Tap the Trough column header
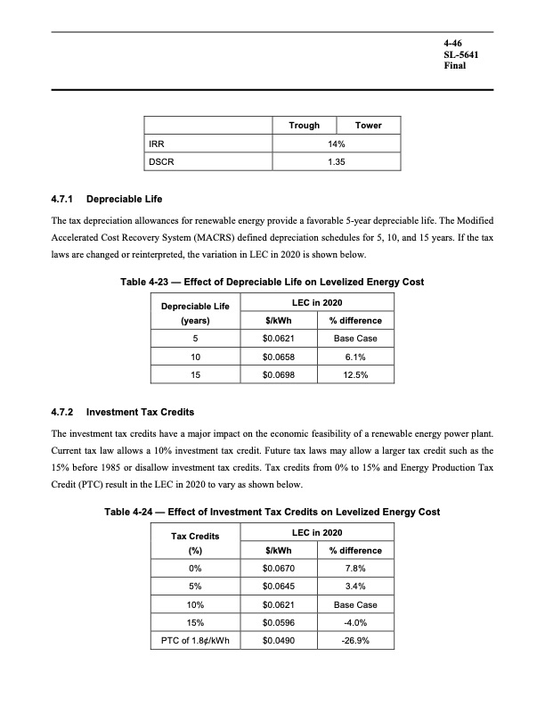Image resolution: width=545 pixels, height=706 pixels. (x=305, y=126)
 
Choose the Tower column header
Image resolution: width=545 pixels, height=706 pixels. (x=368, y=126)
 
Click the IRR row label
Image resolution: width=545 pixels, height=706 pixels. (x=156, y=143)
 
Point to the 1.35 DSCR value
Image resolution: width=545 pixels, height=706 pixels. (x=337, y=160)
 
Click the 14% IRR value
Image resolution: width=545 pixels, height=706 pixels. (x=337, y=143)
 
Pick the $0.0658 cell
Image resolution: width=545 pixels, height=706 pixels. (x=279, y=357)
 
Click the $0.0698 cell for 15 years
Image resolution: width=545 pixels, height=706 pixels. (x=279, y=375)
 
